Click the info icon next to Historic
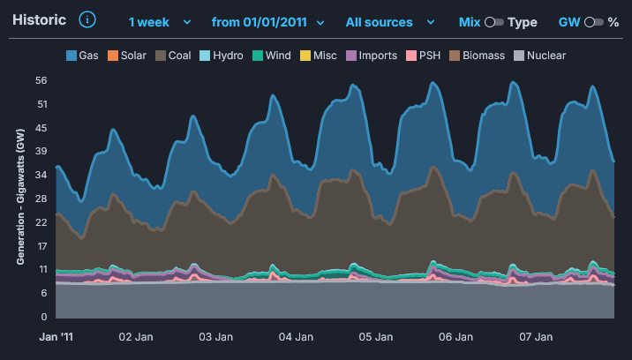[87, 19]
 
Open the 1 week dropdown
[160, 22]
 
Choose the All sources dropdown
[390, 22]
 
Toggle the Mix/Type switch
[494, 22]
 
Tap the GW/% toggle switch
[594, 22]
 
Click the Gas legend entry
[82, 56]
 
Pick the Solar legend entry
[127, 56]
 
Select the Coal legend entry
[173, 56]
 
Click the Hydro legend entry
[222, 56]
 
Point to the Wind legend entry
[272, 56]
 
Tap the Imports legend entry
[372, 56]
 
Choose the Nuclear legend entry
[540, 56]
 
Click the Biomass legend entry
[478, 56]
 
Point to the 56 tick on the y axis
[41, 80]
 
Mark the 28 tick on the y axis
[41, 199]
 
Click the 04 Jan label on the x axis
[296, 337]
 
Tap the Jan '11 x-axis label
[56, 337]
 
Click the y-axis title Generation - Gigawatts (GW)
[20, 197]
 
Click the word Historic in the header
[39, 19]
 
